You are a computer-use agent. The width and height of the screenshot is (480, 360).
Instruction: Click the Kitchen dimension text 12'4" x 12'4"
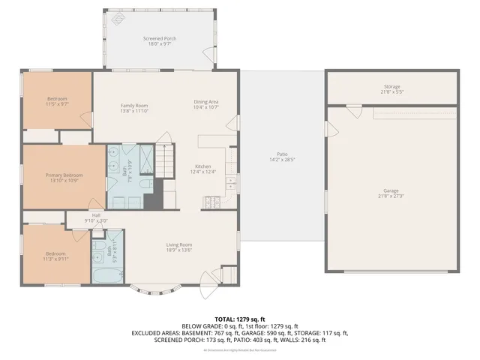tap(202, 172)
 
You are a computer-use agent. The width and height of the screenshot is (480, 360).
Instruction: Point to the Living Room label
tap(179, 244)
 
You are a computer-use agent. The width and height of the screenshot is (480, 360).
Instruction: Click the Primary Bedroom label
tap(64, 175)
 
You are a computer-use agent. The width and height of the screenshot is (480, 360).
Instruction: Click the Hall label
tap(96, 216)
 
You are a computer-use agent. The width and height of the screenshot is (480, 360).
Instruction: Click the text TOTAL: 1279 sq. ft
tap(240, 319)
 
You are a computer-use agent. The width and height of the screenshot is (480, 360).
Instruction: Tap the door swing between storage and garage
tap(349, 110)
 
